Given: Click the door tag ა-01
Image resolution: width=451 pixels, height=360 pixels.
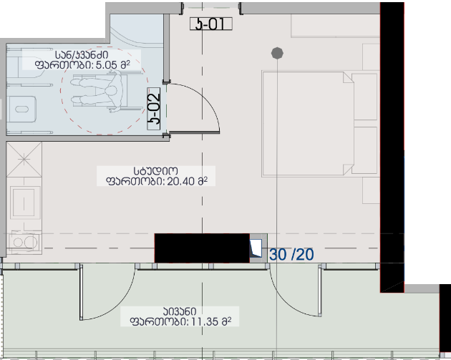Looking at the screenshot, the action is pos(211,24).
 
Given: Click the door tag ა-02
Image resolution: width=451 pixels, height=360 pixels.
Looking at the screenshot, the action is pos(154,109).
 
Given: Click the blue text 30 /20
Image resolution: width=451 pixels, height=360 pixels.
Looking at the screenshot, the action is pos(291,255).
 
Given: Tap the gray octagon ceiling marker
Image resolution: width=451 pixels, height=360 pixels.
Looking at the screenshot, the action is pos(277,53).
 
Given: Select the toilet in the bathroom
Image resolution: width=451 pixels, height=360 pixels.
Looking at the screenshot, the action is pos(21,110).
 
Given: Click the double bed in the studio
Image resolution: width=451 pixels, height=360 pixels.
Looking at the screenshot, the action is pos(320,124).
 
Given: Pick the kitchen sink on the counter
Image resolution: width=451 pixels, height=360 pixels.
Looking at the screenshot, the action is pos(24,202).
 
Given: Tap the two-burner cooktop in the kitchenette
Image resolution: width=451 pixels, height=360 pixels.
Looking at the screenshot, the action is pos(24,242).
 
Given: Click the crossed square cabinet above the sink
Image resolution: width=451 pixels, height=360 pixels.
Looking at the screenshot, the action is pos(24,159).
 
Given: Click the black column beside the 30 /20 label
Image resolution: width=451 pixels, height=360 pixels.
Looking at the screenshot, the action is pos(202,248).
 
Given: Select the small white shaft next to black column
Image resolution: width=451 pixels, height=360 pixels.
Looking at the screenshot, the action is pos(256,248).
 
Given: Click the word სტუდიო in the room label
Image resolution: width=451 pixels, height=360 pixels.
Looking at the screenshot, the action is pos(155,171).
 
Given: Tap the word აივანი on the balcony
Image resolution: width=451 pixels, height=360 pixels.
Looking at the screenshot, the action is pos(180,311).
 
